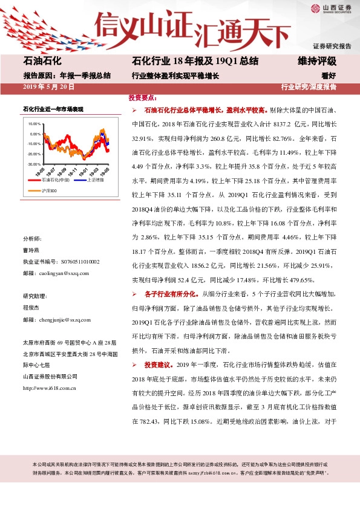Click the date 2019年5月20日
click(x=49, y=87)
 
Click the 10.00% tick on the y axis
click(x=34, y=123)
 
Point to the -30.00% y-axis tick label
click(x=34, y=164)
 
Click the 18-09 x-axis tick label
click(x=62, y=170)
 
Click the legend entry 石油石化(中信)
click(x=59, y=180)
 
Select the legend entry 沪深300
click(x=50, y=191)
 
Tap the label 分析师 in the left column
click(x=32, y=239)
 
